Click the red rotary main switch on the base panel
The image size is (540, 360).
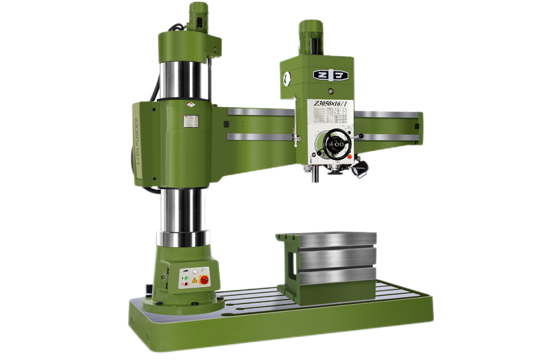coord(205,280)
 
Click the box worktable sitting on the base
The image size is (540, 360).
coord(330,260)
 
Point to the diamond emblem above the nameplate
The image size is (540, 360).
coord(191,105)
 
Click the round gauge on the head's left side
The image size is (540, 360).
coord(287,79)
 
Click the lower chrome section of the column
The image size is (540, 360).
coord(183,213)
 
